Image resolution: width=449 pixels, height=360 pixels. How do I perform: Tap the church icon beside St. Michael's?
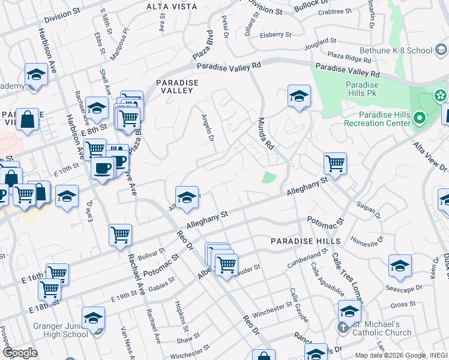[x=343, y=328]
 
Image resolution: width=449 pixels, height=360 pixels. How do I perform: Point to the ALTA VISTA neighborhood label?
[x=171, y=7]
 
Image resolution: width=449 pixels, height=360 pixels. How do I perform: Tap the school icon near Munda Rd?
[x=298, y=96]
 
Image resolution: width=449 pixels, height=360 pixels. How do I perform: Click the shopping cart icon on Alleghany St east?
[x=335, y=163]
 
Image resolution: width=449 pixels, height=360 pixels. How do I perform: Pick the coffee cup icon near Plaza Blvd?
[x=103, y=167]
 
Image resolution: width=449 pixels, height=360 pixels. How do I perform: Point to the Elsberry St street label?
[x=276, y=35]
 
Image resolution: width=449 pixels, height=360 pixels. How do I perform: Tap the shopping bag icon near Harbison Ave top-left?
[x=27, y=119]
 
